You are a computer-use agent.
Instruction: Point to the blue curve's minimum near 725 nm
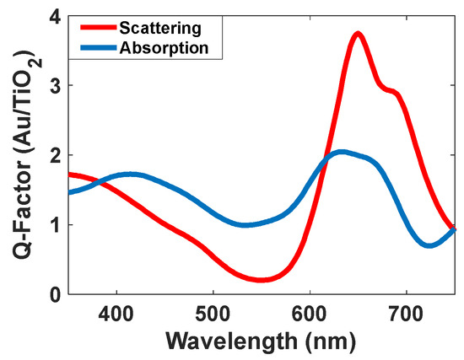[x=429, y=245]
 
